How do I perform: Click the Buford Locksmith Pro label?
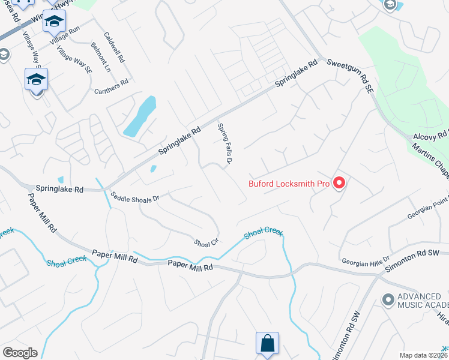click(289, 184)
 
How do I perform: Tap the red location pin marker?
click(339, 183)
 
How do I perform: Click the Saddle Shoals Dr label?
click(135, 198)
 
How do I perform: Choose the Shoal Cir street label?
click(205, 244)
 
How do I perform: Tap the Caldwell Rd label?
click(114, 48)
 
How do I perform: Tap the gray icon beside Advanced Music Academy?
click(388, 298)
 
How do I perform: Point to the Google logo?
click(20, 353)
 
